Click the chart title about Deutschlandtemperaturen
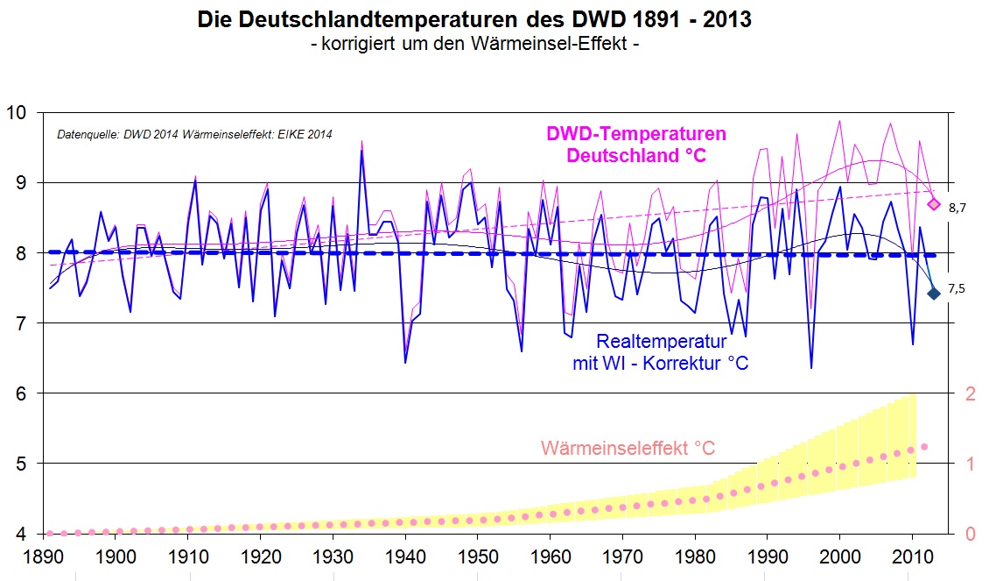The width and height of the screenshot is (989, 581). (473, 19)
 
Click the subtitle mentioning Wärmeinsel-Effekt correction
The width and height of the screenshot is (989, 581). (473, 44)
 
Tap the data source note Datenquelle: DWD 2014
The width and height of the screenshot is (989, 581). (194, 135)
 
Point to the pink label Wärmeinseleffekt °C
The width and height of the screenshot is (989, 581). (628, 449)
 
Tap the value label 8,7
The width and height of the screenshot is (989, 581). (957, 209)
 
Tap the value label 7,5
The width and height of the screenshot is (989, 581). (957, 289)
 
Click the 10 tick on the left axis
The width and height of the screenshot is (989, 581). (18, 113)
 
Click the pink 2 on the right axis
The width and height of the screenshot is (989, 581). (970, 393)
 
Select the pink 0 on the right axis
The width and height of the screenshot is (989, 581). (970, 534)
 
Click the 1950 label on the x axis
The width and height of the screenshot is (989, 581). (478, 558)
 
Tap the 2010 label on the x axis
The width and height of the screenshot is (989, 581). (912, 558)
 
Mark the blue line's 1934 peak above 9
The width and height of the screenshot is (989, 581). (361, 151)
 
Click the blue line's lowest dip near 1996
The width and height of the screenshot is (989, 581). (811, 367)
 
